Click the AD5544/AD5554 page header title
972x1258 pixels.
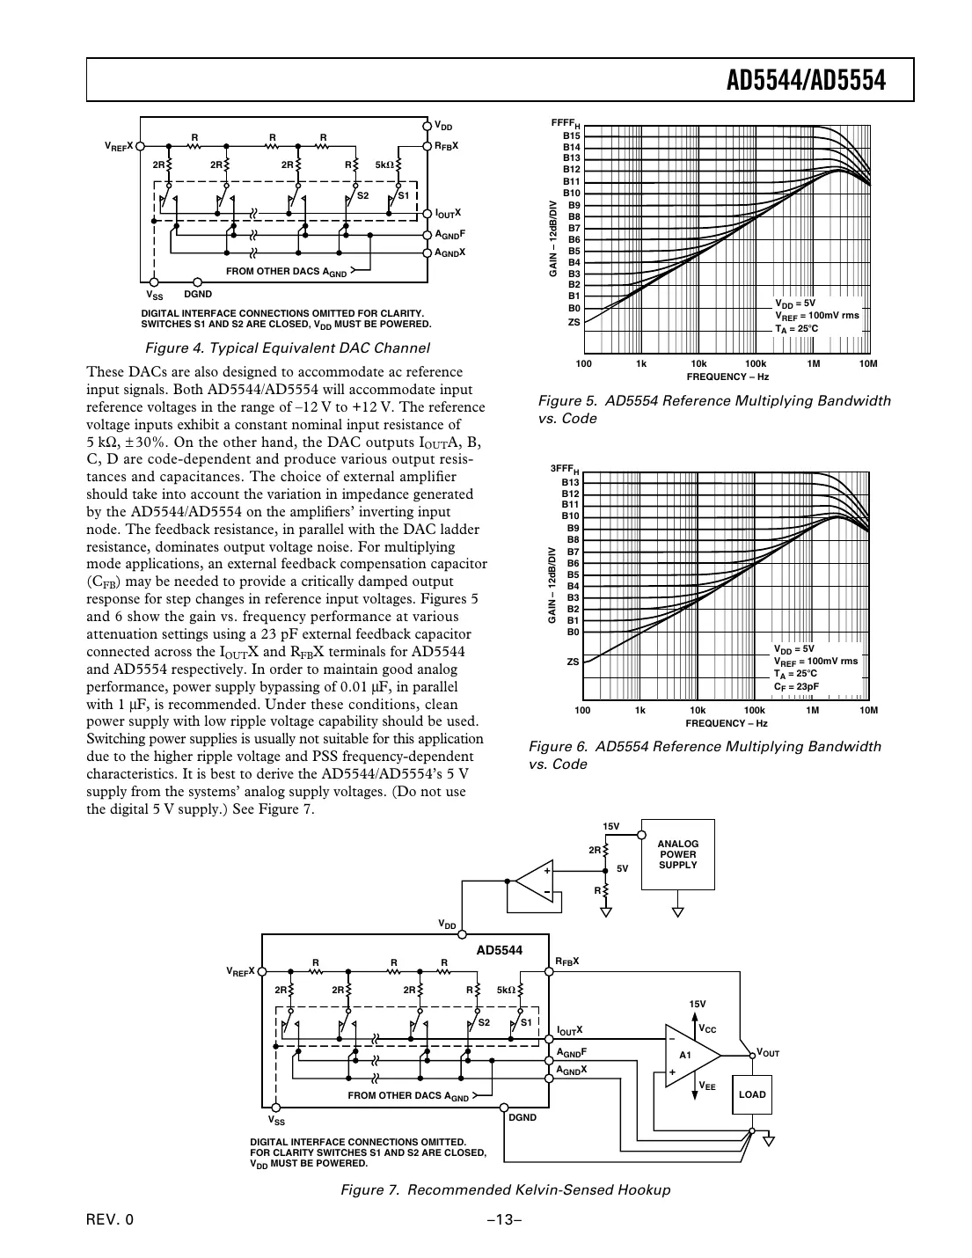[805, 81]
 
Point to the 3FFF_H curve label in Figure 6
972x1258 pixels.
[565, 470]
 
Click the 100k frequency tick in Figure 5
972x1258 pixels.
[755, 363]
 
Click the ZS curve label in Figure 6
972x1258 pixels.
[573, 661]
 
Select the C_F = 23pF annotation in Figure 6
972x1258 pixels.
[796, 686]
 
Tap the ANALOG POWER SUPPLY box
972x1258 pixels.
[677, 854]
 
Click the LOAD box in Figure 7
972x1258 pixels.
[752, 1094]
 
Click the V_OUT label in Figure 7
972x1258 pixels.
[767, 1053]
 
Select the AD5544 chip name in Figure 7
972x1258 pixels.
[500, 950]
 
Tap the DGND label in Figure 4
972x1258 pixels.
[198, 294]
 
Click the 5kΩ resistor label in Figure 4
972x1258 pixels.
[385, 164]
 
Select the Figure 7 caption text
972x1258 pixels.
[505, 1189]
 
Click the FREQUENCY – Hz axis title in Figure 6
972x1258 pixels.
[727, 723]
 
